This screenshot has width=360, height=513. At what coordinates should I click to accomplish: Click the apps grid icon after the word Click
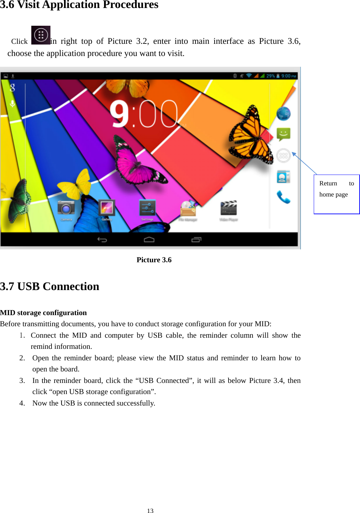41,35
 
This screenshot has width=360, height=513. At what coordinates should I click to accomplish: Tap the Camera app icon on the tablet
66,208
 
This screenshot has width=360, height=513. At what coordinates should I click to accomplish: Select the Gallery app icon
107,208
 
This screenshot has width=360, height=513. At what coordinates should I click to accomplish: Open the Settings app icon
147,208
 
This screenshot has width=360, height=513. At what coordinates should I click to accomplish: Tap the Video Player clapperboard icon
229,208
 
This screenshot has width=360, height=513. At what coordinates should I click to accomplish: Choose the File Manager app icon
188,209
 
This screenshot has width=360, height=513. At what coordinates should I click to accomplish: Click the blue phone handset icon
283,197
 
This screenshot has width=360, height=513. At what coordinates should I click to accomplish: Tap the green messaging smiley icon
283,134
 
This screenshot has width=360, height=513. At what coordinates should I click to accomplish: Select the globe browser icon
283,114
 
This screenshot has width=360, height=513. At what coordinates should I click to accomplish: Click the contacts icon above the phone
283,177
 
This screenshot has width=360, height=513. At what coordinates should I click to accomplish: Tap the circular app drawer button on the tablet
283,155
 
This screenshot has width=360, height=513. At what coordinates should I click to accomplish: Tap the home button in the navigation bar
149,239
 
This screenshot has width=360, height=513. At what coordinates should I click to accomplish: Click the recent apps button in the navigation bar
196,239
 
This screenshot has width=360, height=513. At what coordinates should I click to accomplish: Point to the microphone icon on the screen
13,104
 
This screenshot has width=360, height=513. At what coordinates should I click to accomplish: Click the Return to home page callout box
336,194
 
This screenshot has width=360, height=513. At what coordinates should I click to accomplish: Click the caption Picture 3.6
154,260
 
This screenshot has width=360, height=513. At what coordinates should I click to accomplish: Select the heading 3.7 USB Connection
50,286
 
